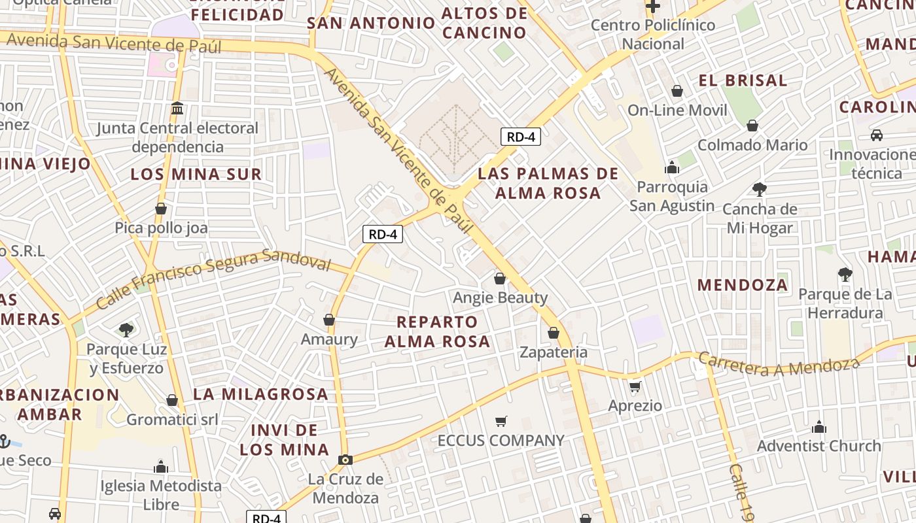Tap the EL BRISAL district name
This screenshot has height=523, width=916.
tap(743, 80)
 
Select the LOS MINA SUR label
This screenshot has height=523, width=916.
tap(196, 174)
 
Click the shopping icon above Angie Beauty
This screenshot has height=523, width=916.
tap(500, 278)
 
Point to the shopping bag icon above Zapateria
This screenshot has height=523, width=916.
tap(554, 333)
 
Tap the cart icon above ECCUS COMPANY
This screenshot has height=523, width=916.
tap(501, 421)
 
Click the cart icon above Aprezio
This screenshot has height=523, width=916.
tap(635, 387)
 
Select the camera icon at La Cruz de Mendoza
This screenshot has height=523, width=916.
tap(345, 460)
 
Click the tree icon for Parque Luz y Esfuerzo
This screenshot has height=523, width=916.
tap(126, 330)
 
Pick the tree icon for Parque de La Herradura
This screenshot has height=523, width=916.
tap(845, 275)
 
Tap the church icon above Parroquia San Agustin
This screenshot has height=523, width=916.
tap(672, 167)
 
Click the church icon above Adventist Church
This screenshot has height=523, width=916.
tap(819, 427)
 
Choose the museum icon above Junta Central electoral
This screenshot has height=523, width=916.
tap(177, 108)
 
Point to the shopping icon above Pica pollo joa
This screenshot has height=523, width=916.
tap(161, 209)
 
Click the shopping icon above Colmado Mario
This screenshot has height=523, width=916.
tap(752, 125)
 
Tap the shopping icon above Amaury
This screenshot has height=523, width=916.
tap(329, 320)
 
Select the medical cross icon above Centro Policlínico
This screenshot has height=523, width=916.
tap(652, 7)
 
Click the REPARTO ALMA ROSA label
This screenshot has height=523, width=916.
tap(437, 331)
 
